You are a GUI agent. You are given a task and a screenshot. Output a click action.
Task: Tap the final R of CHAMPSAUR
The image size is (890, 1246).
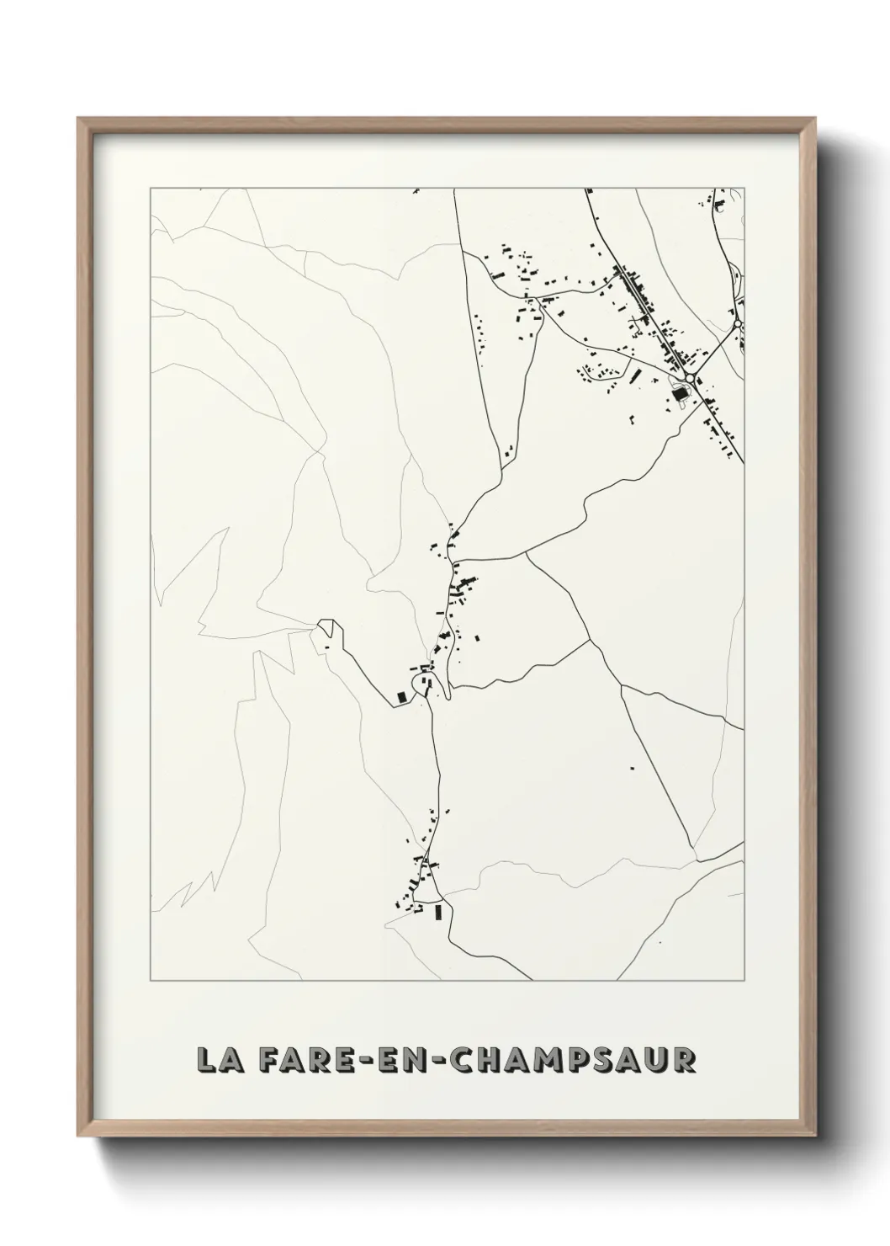click(685, 1060)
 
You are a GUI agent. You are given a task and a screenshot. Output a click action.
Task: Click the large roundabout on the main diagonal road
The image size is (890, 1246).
click(690, 379)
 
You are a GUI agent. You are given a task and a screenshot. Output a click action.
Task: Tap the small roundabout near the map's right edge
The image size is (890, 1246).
click(737, 323)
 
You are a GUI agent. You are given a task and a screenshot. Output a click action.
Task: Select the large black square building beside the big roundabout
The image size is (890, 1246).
click(680, 393)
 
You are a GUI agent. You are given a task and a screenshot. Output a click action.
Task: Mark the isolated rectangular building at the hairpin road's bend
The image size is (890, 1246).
click(401, 696)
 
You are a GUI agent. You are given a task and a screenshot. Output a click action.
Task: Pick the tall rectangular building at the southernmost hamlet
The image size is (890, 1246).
click(437, 912)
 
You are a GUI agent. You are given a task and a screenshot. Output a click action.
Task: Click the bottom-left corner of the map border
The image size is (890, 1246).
click(151, 981)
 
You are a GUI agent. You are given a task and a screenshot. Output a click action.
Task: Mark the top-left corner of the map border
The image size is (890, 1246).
click(151, 188)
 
